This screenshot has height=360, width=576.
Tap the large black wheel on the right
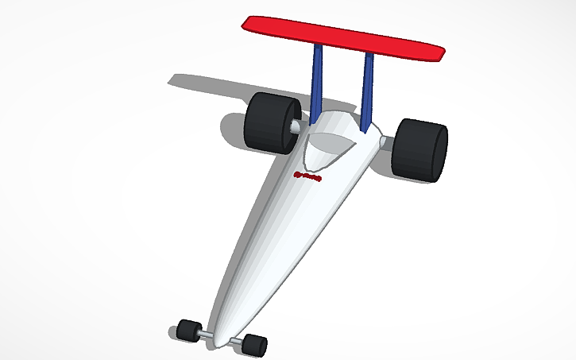pos(419,149)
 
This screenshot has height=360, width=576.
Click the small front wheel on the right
pos(254,344)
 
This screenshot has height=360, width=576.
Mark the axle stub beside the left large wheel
pos(296,126)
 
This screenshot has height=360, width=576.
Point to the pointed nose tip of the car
pos(222,330)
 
